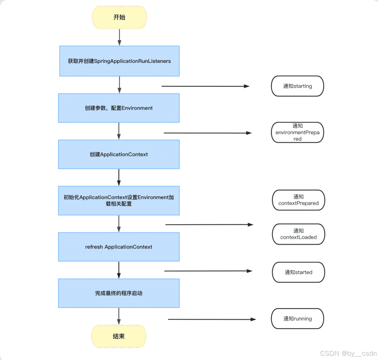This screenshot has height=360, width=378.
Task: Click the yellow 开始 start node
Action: (119, 17)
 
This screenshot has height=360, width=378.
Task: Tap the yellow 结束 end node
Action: (119, 336)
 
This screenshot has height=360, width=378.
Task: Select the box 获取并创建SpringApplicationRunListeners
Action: (119, 61)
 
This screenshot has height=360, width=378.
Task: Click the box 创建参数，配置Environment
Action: (119, 108)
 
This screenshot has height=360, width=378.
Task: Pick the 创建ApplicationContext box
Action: (119, 154)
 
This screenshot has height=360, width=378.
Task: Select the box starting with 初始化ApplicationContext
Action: (119, 201)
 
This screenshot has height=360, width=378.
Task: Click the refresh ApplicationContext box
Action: (119, 247)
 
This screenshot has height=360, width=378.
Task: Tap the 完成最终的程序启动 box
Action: (119, 293)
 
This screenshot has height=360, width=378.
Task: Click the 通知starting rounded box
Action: (298, 86)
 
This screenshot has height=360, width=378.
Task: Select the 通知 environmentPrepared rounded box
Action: (298, 132)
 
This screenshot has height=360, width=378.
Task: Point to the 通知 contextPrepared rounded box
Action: (298, 200)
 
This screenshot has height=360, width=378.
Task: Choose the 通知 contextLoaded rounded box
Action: (298, 234)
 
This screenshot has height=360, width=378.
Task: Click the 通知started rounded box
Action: (298, 272)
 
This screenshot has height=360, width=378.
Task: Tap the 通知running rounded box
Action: (298, 319)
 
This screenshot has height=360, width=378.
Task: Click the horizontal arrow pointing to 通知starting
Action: (205, 86)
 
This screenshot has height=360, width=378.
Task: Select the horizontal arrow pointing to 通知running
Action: (211, 319)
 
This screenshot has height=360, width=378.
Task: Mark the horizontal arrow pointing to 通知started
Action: (208, 271)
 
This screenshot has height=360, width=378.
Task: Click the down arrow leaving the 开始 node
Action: (119, 37)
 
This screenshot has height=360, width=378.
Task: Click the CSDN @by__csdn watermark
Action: (348, 353)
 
